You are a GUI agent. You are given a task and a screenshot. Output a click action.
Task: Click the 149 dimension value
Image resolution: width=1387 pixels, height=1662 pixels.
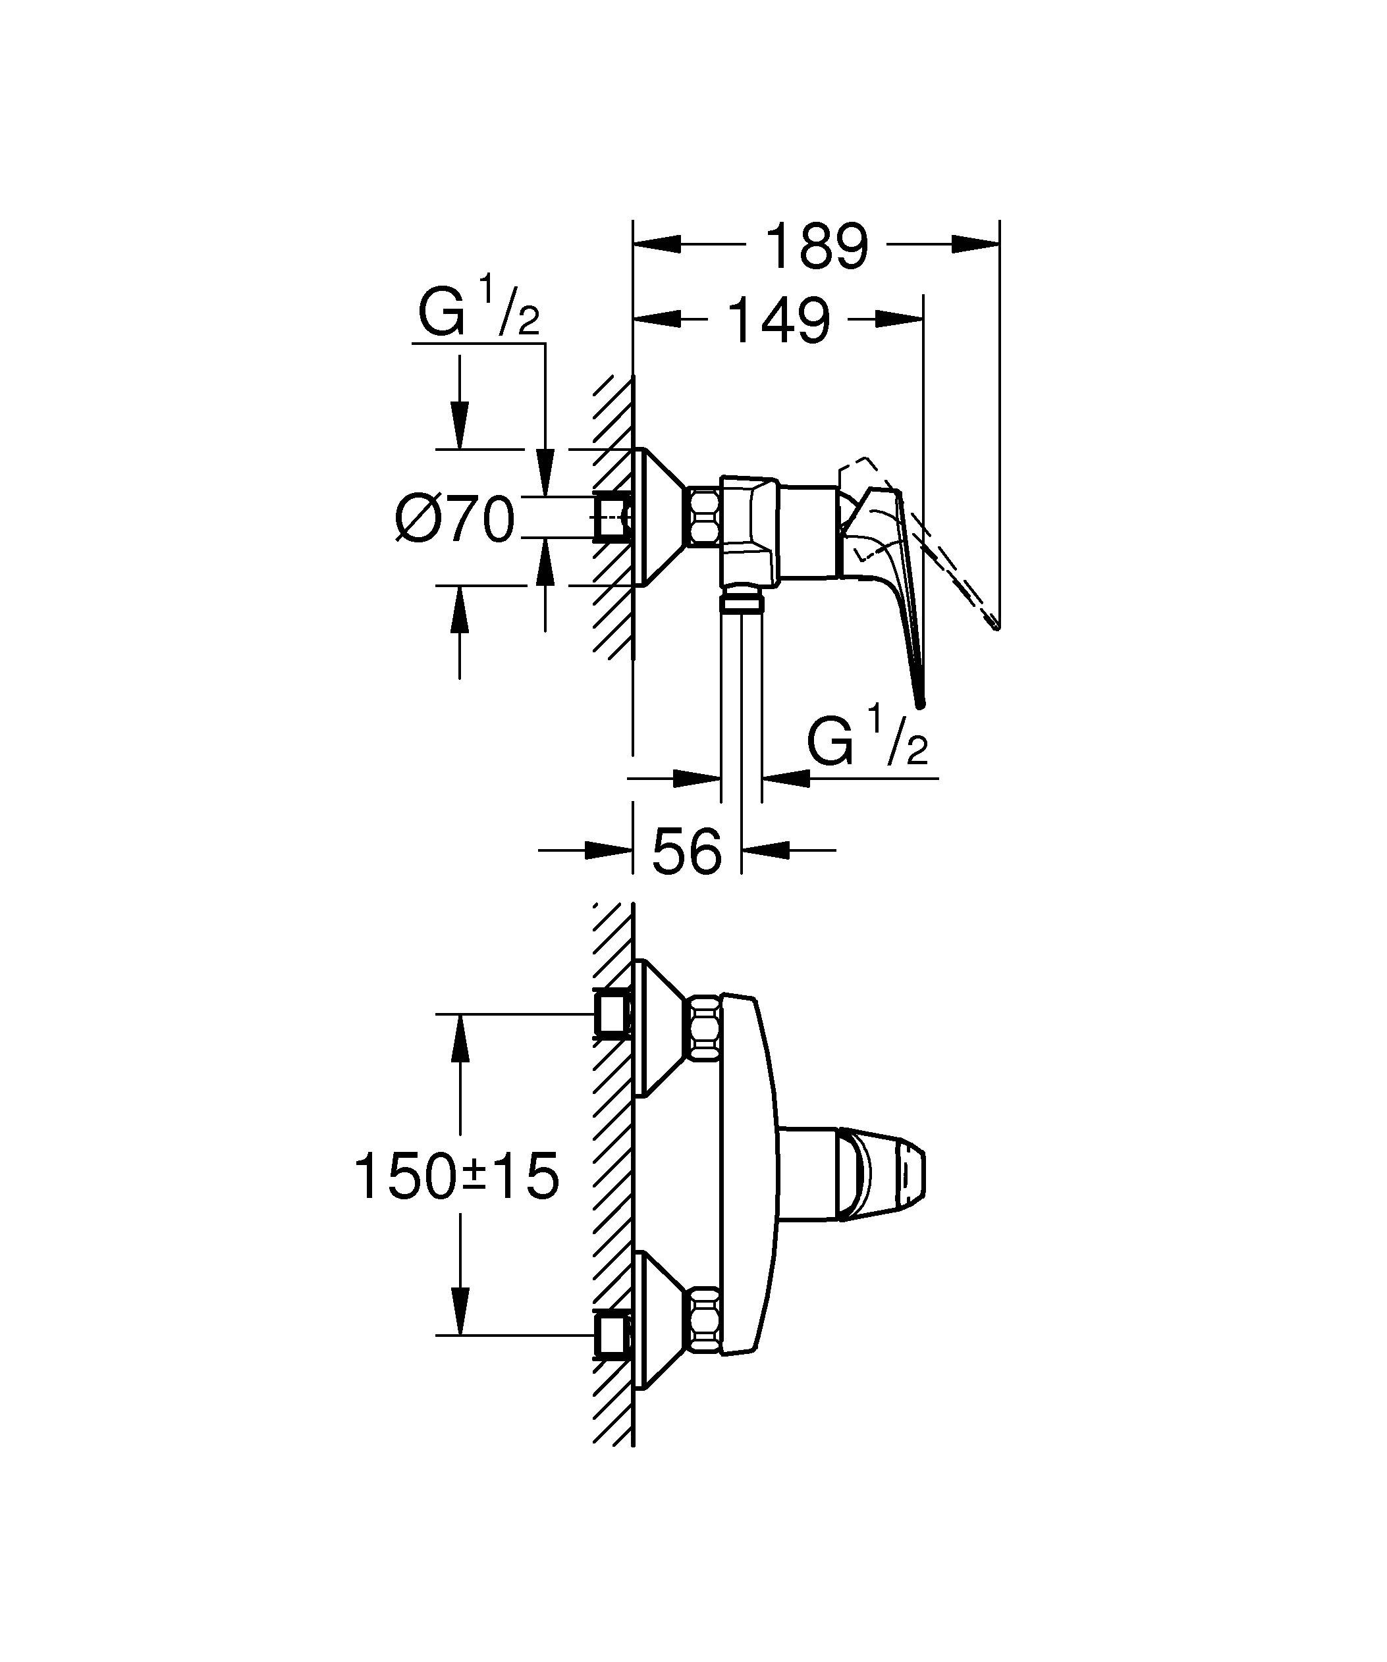(779, 321)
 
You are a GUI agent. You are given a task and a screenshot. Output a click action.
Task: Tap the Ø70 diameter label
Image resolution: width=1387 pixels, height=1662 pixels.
(455, 520)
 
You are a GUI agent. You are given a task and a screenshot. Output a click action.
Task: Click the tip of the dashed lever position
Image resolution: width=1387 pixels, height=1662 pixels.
(995, 627)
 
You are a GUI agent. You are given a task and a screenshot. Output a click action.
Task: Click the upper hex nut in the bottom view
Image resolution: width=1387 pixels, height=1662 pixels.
(704, 1028)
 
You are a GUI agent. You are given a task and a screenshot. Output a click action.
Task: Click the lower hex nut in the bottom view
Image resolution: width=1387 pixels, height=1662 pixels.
(704, 1331)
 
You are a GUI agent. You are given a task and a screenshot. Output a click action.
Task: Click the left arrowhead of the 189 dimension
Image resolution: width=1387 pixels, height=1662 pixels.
(657, 244)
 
